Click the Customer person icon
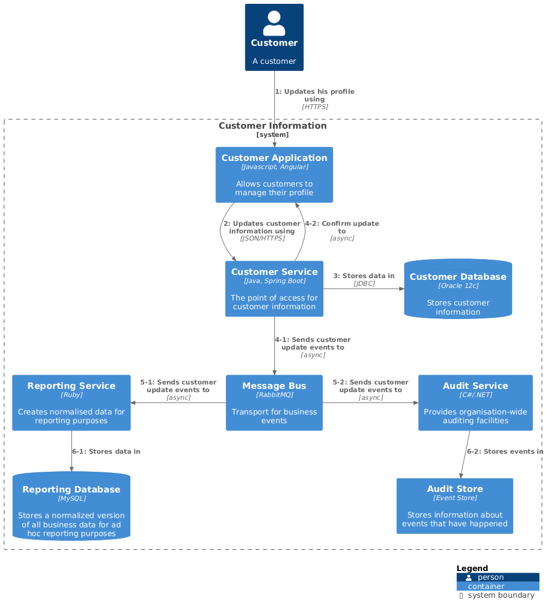coord(274,23)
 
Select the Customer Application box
coord(274,175)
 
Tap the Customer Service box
coord(274,289)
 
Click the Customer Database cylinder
coord(458,289)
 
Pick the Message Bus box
coord(274,402)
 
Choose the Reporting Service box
coord(71,402)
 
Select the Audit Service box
coord(475,402)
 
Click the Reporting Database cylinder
coord(71,506)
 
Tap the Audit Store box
coord(454,506)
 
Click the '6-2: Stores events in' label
coord(505,452)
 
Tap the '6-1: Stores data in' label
coord(106,452)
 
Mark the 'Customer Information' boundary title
coord(272,126)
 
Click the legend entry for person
coord(490,577)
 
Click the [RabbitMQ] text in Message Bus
coord(274,395)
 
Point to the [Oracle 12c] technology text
coord(458,286)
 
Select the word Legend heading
coord(472,568)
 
